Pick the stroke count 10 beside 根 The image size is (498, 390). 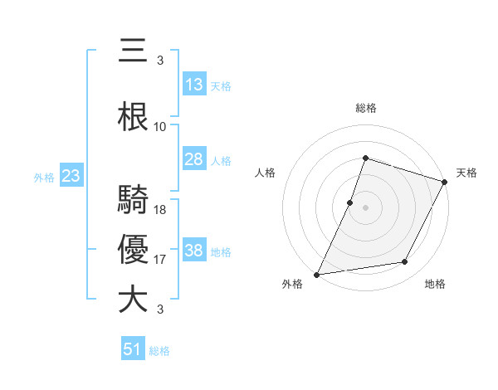pos(160,127)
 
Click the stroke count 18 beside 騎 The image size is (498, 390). pos(160,210)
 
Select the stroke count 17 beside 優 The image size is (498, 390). pos(160,261)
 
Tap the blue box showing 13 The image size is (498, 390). pos(194,84)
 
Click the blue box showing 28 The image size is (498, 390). pos(194,159)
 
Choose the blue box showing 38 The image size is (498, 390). pos(194,251)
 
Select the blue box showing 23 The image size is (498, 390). pos(71,176)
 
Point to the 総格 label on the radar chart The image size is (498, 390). pos(365,108)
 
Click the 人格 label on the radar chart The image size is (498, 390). pos(266,173)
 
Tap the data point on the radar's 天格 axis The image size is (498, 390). pos(445,182)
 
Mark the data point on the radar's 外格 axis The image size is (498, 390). pos(317,274)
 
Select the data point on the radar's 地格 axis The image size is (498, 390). pos(405,262)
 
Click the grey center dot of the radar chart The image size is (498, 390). pos(365,207)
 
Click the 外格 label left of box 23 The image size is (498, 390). pos(44,177)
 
